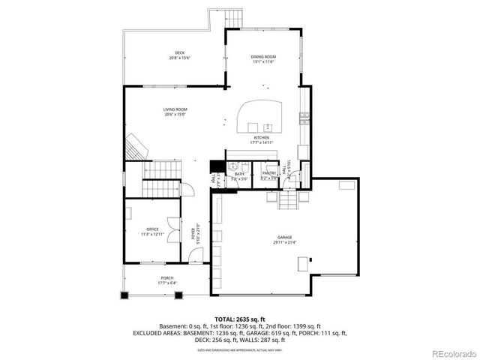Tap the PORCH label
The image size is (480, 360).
(167, 280)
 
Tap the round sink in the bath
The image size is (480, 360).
(233, 166)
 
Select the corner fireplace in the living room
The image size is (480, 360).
(135, 145)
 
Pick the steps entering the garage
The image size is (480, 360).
(288, 200)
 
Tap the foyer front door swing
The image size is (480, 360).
(194, 256)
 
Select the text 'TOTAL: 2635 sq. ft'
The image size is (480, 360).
(239, 319)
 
